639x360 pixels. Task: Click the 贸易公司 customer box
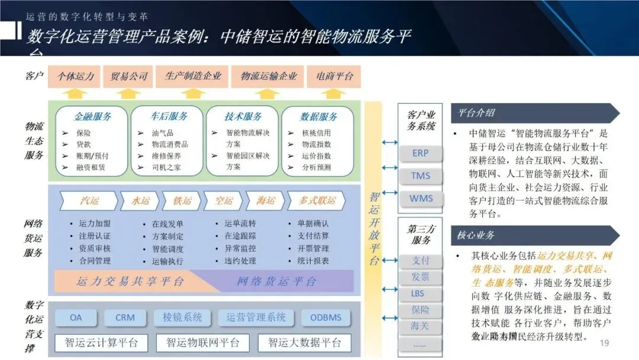tap(129, 76)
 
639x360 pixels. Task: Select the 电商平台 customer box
tap(335, 76)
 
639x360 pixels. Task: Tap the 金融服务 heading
tap(92, 117)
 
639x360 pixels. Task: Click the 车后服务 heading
tap(168, 117)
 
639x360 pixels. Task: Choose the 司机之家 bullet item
tap(166, 167)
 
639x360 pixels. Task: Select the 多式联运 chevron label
tap(317, 201)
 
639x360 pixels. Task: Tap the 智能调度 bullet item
tap(167, 249)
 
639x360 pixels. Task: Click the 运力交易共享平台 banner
tap(130, 282)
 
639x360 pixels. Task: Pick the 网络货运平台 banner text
tap(276, 282)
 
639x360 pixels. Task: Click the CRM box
tap(125, 317)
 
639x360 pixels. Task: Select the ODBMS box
tap(325, 317)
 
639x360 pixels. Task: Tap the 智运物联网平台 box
tap(203, 342)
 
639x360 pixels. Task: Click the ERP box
tap(420, 153)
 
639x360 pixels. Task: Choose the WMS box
tap(421, 198)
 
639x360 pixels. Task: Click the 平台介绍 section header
tap(477, 113)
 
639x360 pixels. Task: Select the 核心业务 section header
tap(476, 235)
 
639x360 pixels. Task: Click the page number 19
tap(604, 343)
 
